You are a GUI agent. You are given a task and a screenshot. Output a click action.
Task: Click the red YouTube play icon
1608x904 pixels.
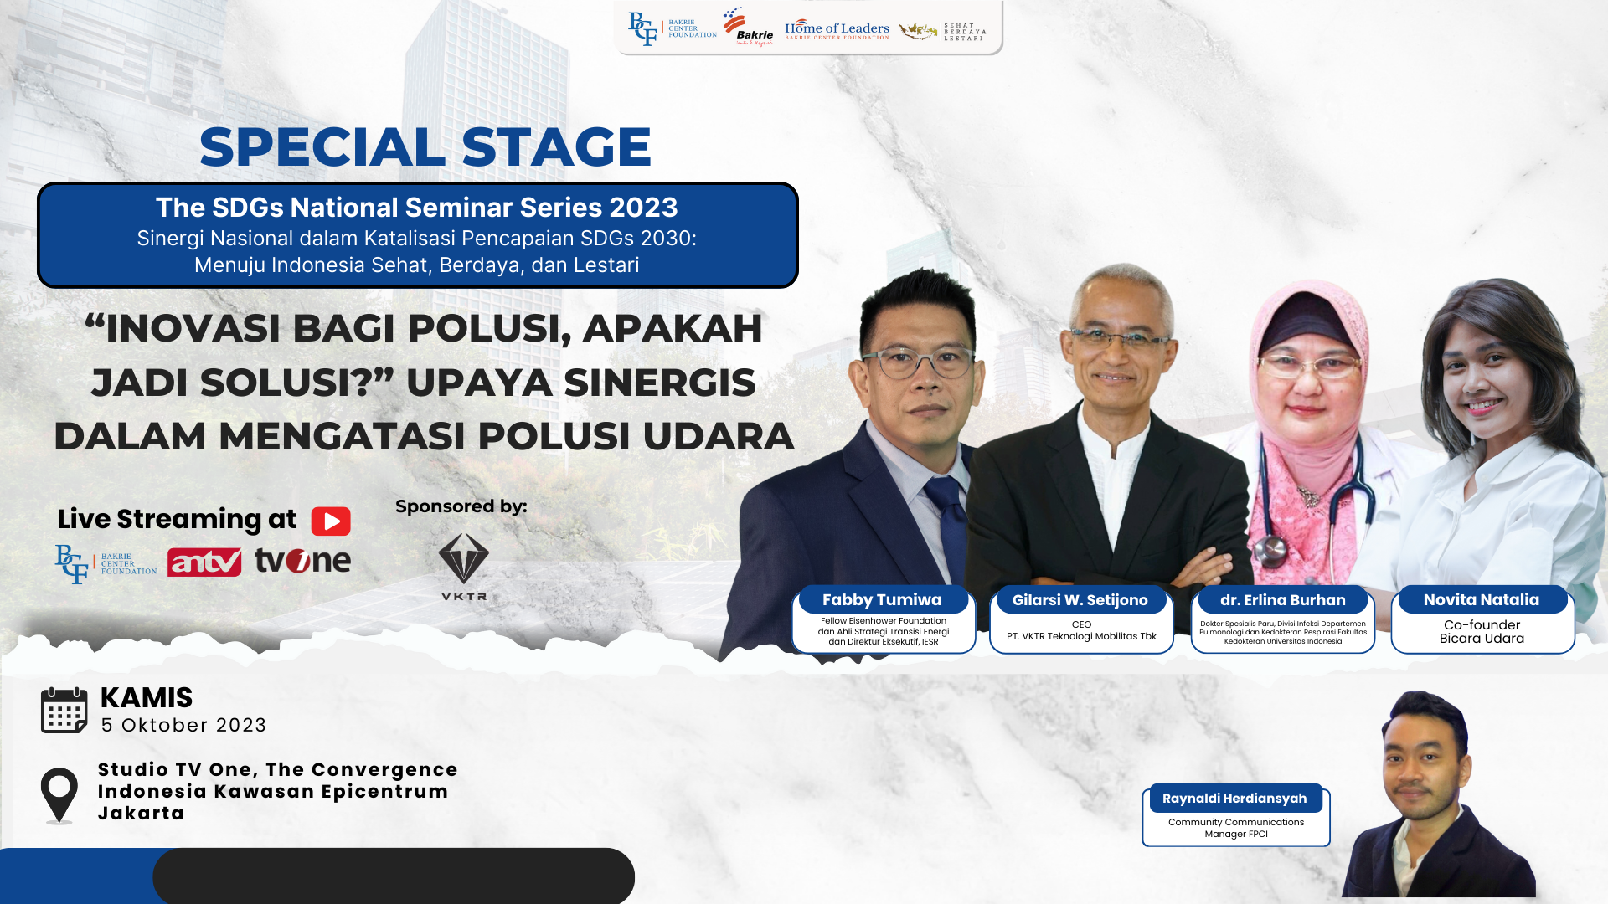click(x=331, y=521)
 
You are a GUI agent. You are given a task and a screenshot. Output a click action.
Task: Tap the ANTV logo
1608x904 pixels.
click(x=204, y=562)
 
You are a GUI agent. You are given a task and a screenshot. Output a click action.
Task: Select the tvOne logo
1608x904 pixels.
click(x=302, y=560)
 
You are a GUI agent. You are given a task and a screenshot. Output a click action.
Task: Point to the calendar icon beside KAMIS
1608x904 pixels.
click(x=64, y=711)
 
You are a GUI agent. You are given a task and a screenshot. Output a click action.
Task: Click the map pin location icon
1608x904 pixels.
click(x=59, y=796)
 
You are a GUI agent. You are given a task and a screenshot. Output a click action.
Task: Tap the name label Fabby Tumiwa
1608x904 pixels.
click(x=882, y=599)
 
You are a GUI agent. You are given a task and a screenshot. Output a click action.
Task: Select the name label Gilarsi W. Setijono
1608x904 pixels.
click(x=1080, y=599)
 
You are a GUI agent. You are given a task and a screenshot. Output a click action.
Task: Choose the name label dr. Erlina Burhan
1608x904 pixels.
click(x=1283, y=599)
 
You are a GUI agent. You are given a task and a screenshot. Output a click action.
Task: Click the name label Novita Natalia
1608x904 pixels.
click(x=1482, y=599)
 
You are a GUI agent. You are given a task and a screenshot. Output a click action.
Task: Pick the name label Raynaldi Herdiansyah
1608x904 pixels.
click(x=1234, y=798)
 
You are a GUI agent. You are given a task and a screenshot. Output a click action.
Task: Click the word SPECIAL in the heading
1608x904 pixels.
click(x=322, y=146)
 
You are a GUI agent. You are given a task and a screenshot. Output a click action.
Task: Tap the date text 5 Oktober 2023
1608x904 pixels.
click(x=184, y=725)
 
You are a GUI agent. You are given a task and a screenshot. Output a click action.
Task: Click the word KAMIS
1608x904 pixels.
click(x=147, y=697)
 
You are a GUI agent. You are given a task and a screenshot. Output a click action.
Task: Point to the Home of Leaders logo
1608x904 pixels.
click(x=837, y=30)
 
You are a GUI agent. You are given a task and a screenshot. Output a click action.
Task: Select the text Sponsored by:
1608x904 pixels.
click(x=461, y=506)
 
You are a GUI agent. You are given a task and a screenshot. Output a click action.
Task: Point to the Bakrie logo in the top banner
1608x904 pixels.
click(x=750, y=28)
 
